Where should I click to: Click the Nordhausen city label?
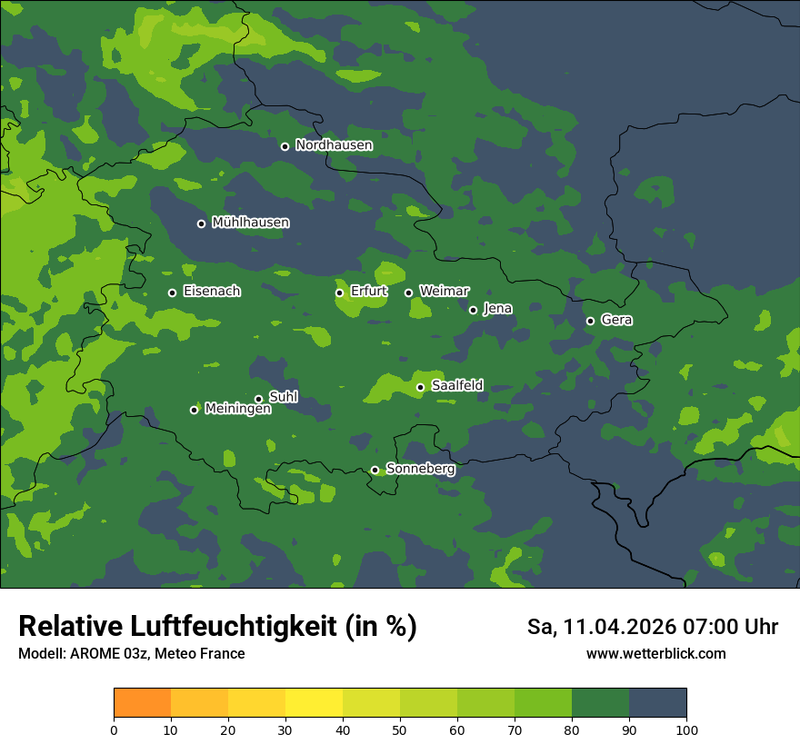tap(334, 145)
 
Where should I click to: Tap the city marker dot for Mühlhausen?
tap(201, 223)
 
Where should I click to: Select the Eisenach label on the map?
tap(212, 292)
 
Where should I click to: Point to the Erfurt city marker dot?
tap(339, 293)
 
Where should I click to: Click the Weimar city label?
tap(444, 291)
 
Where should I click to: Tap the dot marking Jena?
tap(473, 310)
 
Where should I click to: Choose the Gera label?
tap(616, 320)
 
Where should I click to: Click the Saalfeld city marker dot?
tap(420, 387)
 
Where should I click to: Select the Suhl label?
tap(284, 396)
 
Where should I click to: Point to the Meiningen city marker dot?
tap(194, 410)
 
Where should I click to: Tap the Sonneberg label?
tap(420, 469)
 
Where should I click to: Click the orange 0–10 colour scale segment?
tap(142, 703)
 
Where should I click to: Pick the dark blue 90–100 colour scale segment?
tap(657, 703)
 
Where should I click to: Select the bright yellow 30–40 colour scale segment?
tap(314, 703)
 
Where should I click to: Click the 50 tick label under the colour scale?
tap(400, 729)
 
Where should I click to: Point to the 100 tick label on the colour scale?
tap(686, 729)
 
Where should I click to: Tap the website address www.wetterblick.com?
tap(655, 653)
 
